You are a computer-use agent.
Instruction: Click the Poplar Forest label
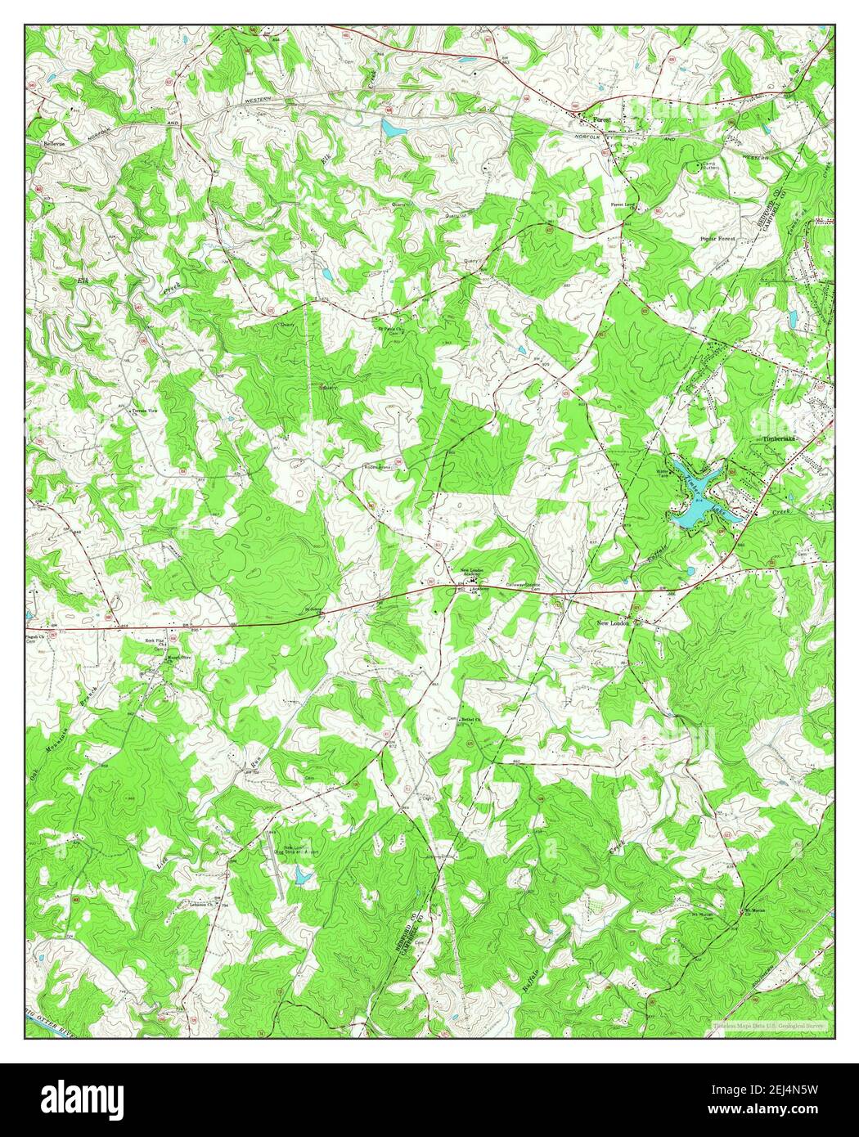717,239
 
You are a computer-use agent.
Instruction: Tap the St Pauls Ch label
390,330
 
